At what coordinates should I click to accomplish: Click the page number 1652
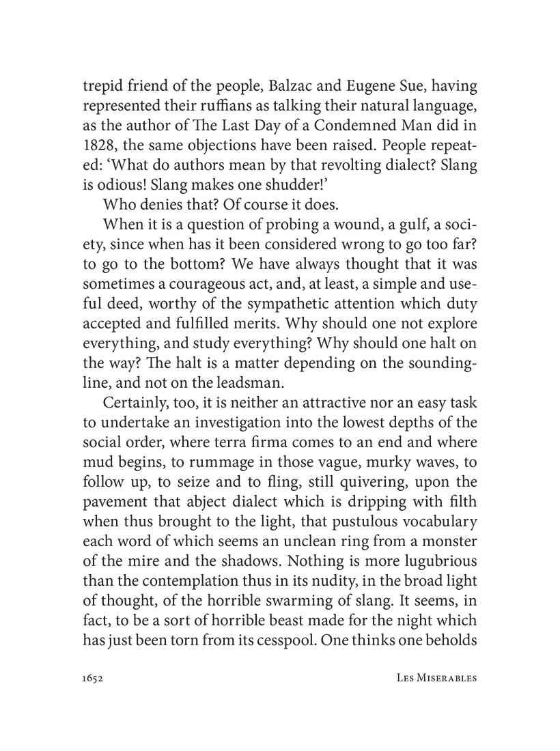point(92,679)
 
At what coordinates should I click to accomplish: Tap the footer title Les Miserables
point(436,679)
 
